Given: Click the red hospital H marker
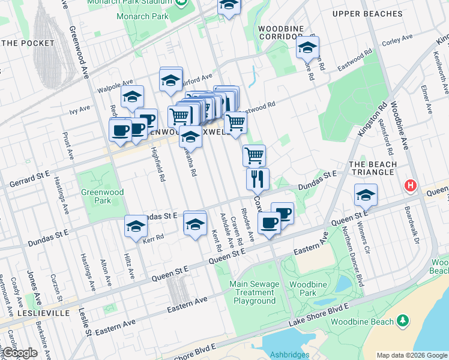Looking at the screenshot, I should point(411,186).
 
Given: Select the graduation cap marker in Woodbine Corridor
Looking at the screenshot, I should point(307,47).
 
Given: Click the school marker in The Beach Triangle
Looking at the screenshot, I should point(366,194).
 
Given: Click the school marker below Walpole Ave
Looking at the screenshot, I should point(132,96).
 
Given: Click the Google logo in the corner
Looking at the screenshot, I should point(20,353).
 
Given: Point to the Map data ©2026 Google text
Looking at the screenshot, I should point(412,355).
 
